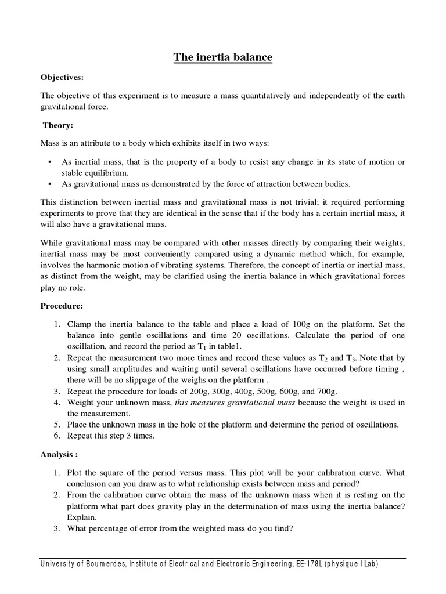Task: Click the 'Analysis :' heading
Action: tap(59, 455)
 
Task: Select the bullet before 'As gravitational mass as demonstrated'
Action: tap(51, 184)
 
